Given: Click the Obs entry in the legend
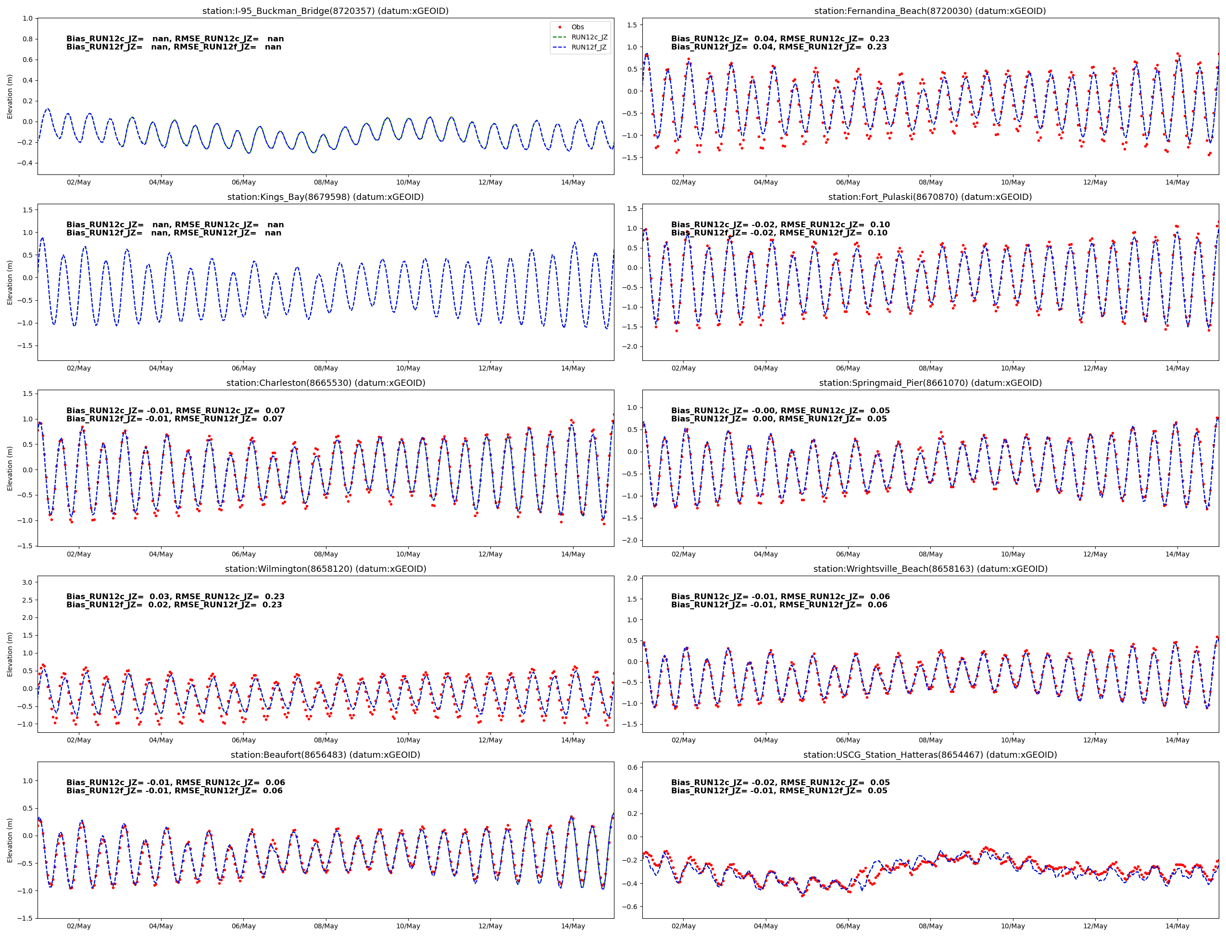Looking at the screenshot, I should (x=577, y=27).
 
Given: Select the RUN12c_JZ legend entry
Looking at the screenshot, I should (x=589, y=37).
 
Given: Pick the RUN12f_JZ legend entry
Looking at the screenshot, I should (x=589, y=48).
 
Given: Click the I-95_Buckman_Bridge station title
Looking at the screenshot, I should (x=325, y=11).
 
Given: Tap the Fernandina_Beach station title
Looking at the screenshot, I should (x=930, y=11).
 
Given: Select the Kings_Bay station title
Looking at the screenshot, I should (x=325, y=197).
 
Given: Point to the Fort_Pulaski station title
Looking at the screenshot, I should (x=930, y=197).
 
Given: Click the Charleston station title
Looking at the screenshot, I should (x=325, y=382).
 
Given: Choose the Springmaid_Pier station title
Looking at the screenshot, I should (x=930, y=382).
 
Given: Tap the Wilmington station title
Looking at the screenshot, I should (x=325, y=569).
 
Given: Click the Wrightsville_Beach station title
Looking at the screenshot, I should (x=930, y=569).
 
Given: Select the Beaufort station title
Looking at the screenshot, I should (x=325, y=754).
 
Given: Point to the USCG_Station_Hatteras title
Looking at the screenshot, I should (x=930, y=754).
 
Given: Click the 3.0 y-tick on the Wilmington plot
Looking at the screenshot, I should (x=27, y=582).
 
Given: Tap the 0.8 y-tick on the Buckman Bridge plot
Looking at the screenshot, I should (x=27, y=39).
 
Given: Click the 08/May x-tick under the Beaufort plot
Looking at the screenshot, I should (x=326, y=926).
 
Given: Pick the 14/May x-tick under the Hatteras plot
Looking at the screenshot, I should (x=1177, y=926).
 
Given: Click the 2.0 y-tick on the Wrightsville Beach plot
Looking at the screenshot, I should (x=632, y=579).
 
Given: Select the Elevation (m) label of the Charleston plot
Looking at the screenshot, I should (x=10, y=468).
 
